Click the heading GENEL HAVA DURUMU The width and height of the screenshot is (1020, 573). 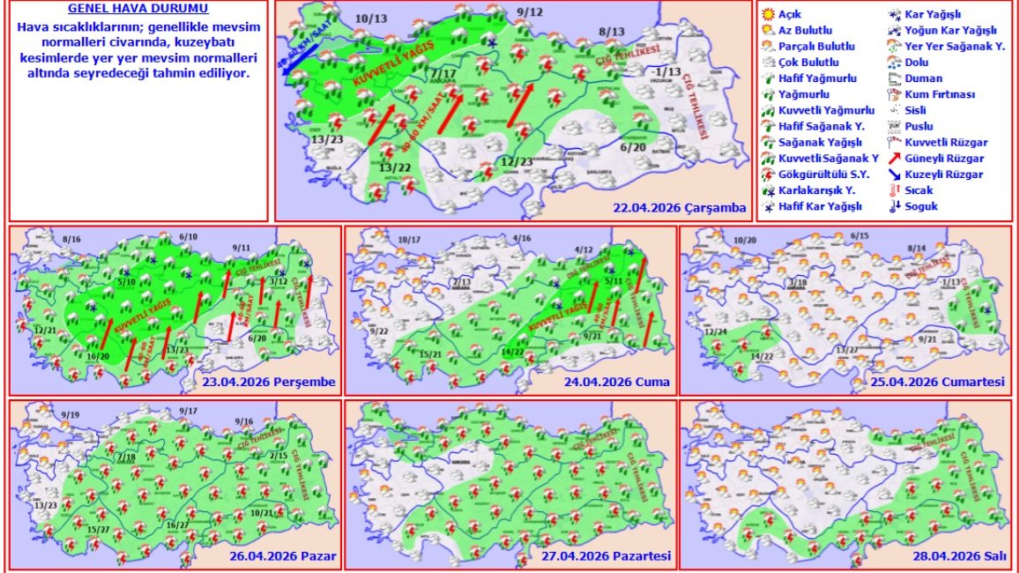pos(138,10)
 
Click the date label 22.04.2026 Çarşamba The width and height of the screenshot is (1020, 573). pos(680,209)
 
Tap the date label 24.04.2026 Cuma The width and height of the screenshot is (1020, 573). pos(616,382)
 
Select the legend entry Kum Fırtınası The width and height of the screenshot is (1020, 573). pos(942,94)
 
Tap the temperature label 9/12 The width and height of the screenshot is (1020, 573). pos(531,11)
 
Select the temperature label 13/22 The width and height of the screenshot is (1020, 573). pos(395,167)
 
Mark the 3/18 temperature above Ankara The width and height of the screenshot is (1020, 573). pos(796,281)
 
